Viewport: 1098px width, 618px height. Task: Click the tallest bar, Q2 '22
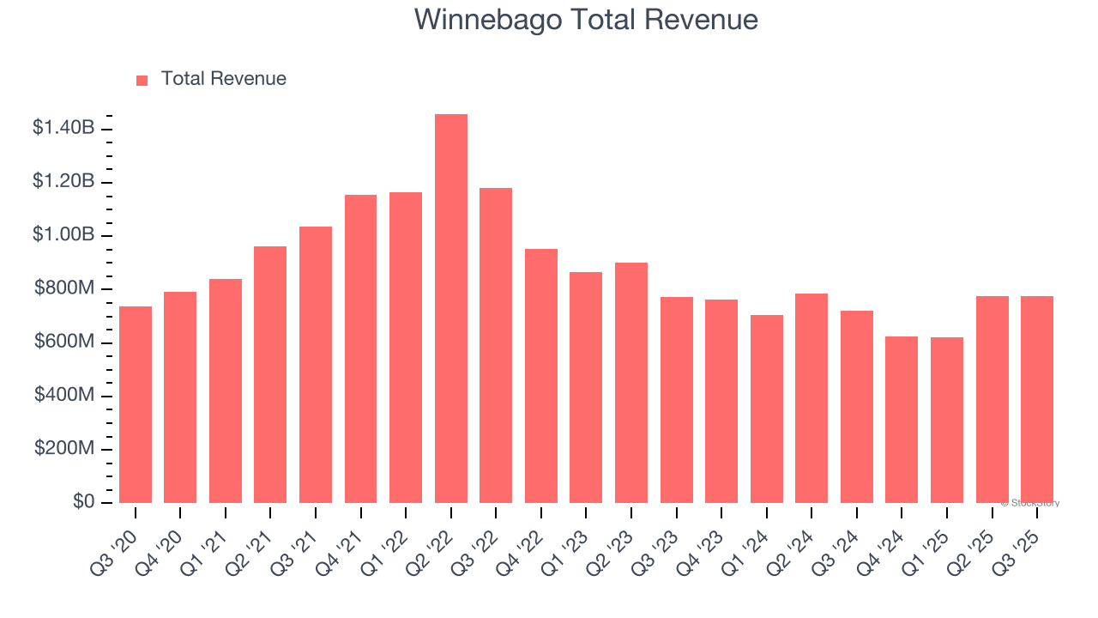point(450,309)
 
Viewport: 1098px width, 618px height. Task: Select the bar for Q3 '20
point(136,404)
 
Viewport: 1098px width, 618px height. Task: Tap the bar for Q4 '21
point(360,348)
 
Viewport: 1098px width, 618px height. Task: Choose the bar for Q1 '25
point(946,420)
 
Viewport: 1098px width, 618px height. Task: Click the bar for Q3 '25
point(1036,399)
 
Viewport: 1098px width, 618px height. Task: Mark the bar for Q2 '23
point(630,383)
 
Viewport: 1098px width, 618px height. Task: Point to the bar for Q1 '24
point(766,409)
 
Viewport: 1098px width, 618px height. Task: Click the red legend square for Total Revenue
point(142,80)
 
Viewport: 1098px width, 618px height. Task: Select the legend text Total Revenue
point(223,79)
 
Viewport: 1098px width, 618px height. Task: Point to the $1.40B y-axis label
point(63,128)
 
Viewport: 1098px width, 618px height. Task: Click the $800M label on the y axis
point(65,288)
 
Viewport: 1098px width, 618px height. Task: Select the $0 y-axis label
point(84,502)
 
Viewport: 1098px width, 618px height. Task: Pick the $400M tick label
point(65,395)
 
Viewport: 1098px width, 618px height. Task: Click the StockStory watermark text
point(1030,503)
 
